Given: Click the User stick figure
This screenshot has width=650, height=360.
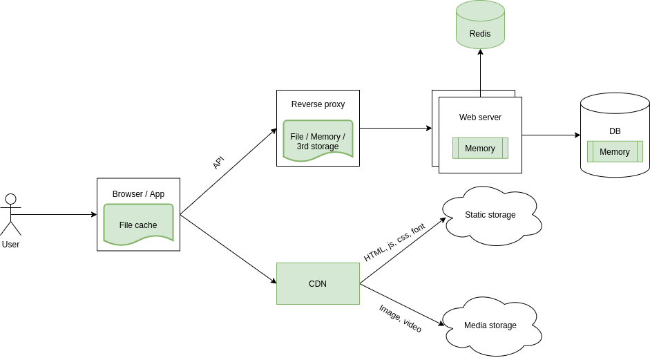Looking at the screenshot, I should point(10,214).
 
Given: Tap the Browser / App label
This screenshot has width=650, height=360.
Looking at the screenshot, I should point(138,194).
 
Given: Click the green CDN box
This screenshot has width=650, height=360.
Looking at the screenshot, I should point(318,283).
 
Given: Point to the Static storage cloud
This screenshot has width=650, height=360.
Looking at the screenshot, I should point(490,215).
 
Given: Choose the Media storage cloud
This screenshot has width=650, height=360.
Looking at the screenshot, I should point(490,325).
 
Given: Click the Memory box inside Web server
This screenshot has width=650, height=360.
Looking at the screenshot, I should point(480,148).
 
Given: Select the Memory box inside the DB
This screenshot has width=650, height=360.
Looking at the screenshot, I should point(615,151).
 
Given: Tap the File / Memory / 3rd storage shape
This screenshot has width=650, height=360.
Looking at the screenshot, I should point(318,141).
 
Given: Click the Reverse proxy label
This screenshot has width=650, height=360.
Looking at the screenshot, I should point(318,104).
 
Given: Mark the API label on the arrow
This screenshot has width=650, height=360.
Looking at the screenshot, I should point(218,162).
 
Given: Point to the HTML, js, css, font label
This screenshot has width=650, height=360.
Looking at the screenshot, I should point(394,242).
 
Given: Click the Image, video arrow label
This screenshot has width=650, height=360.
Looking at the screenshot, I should point(400,319).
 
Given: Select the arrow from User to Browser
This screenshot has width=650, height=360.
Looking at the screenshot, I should point(55,214).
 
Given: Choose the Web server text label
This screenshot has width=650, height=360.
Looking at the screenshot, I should point(480,117).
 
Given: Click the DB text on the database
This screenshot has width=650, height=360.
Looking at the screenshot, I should point(615,131).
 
